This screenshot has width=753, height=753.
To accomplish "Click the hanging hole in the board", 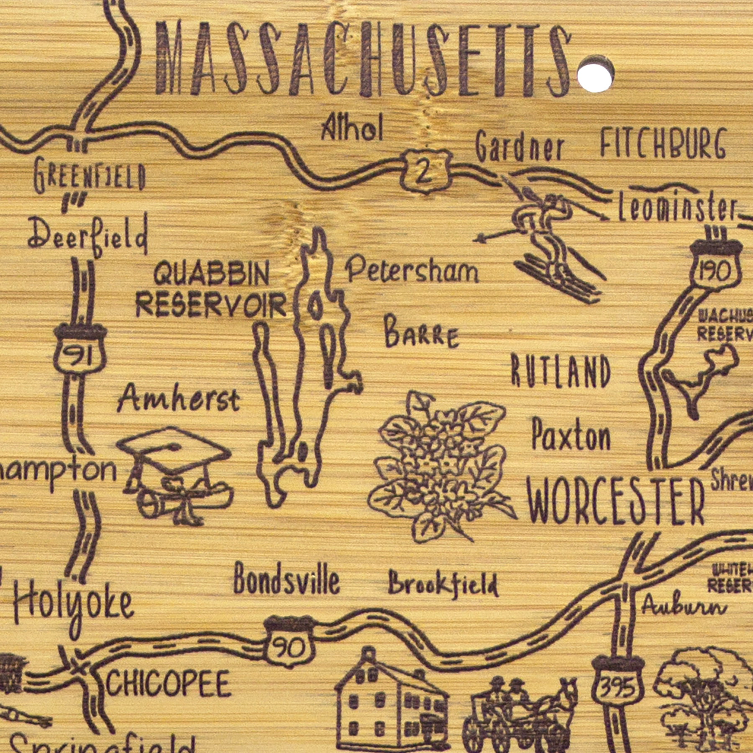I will (595, 74).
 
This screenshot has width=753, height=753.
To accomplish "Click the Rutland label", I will (561, 371).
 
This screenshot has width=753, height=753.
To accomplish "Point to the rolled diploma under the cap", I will (184, 500).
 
